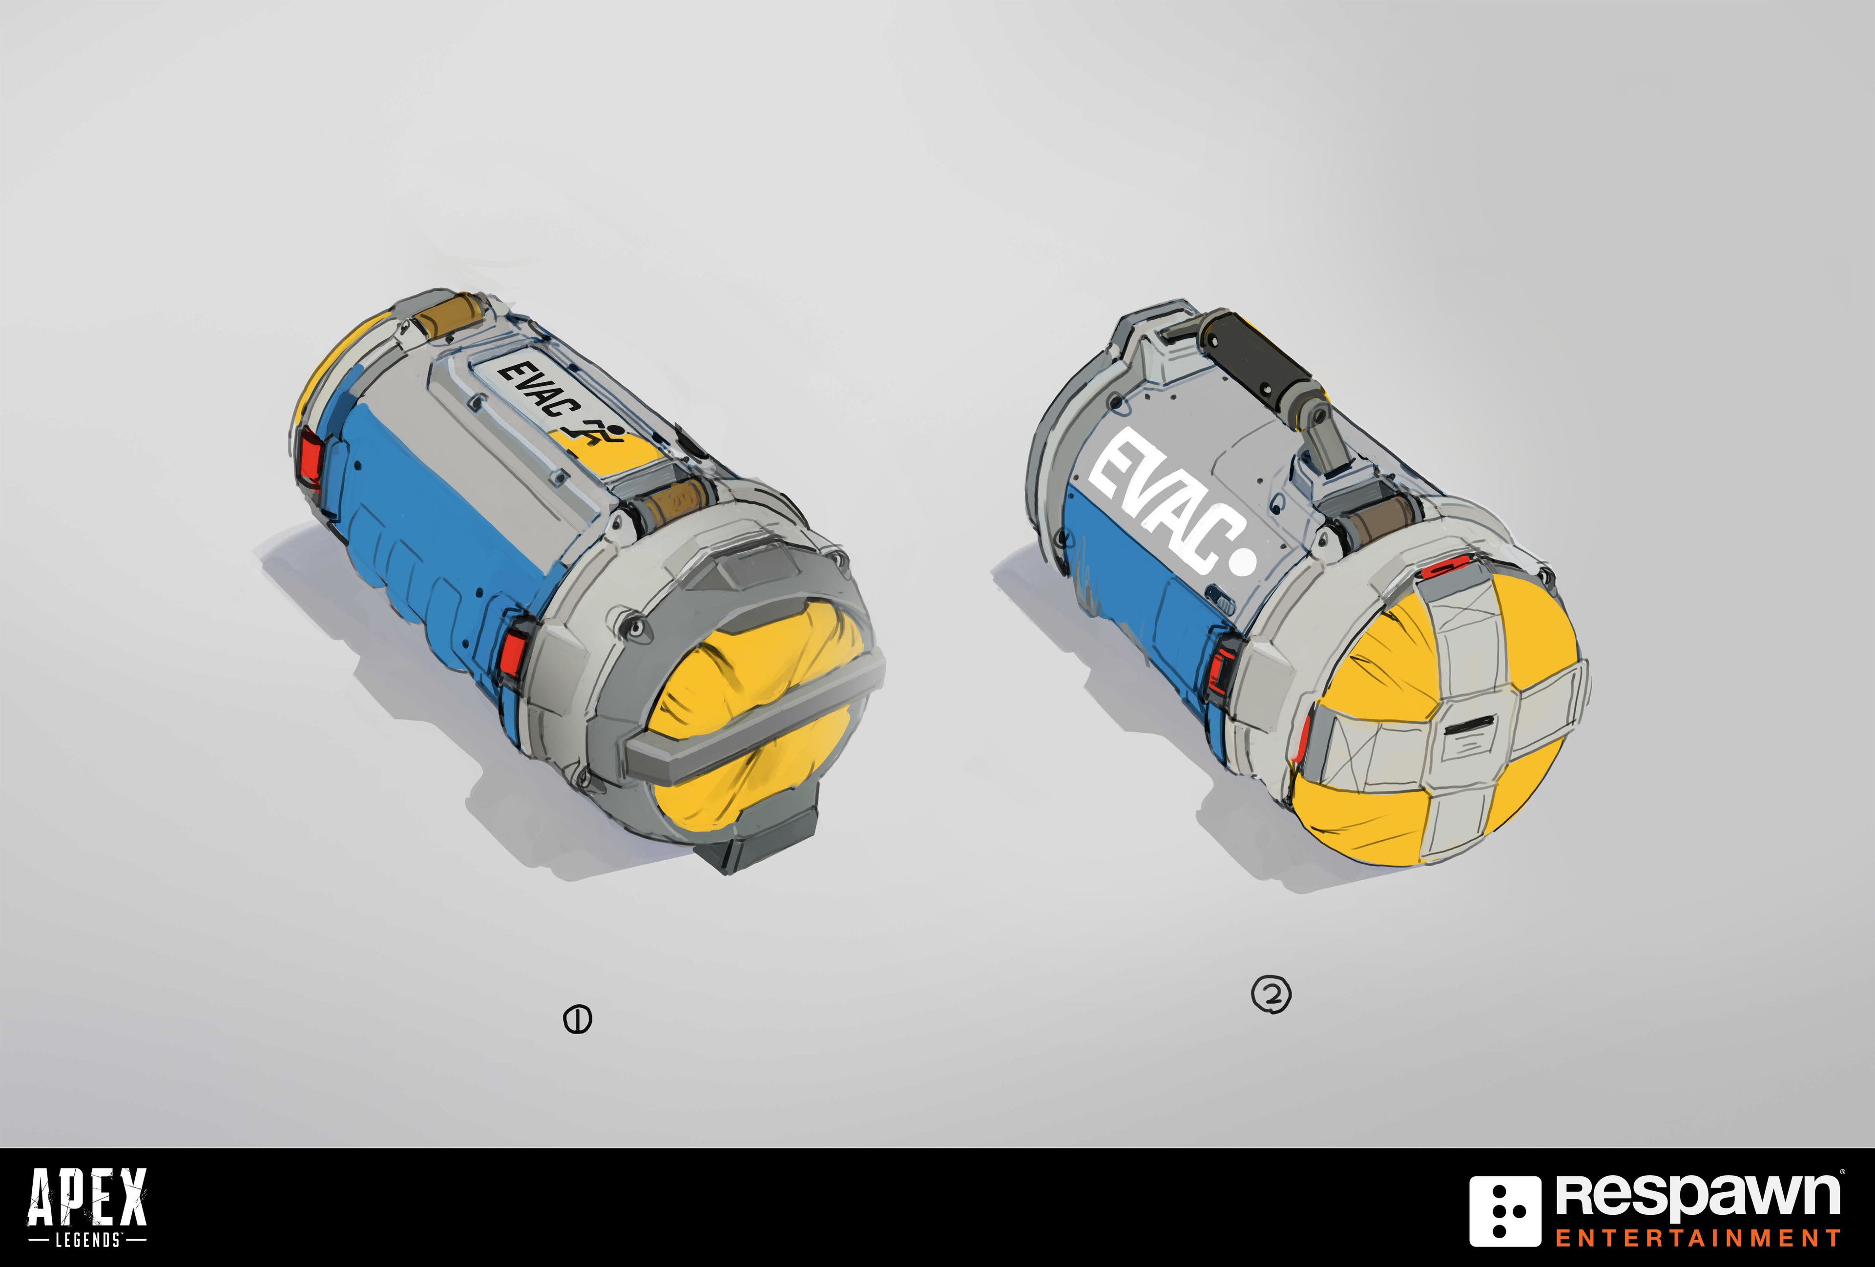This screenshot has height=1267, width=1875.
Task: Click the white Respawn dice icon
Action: click(1505, 1210)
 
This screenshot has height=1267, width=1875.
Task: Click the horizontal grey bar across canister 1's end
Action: click(750, 722)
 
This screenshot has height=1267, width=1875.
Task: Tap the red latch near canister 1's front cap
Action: click(512, 653)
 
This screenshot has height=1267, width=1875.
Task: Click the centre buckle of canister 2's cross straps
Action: click(1464, 730)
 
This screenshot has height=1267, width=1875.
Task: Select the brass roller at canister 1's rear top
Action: click(448, 321)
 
